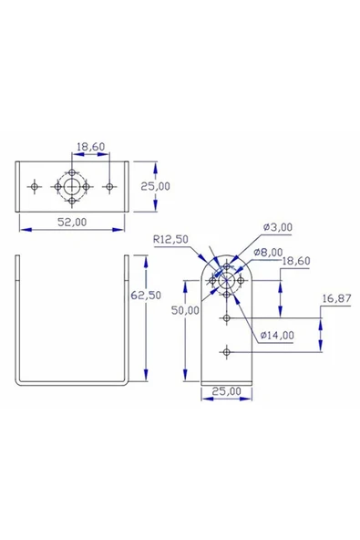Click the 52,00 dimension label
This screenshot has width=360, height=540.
tap(73, 221)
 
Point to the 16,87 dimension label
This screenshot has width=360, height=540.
tap(337, 298)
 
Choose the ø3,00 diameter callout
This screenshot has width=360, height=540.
tap(278, 226)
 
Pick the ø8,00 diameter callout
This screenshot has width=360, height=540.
tap(268, 252)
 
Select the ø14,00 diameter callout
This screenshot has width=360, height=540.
tap(277, 335)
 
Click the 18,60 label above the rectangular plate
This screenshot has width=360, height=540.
tap(90, 146)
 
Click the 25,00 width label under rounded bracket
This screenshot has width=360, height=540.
tap(227, 391)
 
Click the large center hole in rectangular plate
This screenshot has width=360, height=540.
tap(72, 186)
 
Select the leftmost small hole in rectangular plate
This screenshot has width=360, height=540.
tap(35, 186)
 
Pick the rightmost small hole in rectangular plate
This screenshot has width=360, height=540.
tap(109, 186)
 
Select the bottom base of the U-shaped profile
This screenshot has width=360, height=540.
tap(73, 380)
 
